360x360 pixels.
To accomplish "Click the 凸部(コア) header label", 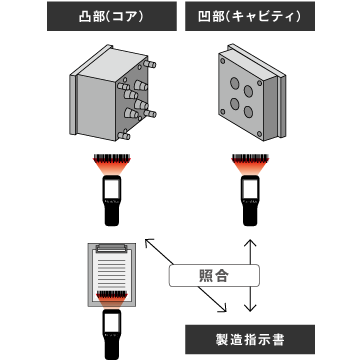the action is pyautogui.click(x=112, y=16).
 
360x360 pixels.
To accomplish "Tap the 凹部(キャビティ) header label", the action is pyautogui.click(x=250, y=16).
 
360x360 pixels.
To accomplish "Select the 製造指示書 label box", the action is pyautogui.click(x=250, y=339).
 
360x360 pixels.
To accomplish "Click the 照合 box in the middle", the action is pyautogui.click(x=214, y=275).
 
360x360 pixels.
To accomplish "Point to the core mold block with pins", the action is pyautogui.click(x=113, y=93).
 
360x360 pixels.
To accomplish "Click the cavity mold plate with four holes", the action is pyautogui.click(x=252, y=92).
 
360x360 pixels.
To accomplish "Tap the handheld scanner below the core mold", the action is pyautogui.click(x=112, y=201).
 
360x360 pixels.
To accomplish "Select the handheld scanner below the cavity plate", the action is pyautogui.click(x=250, y=201).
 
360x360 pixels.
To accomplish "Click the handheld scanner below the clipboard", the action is pyautogui.click(x=112, y=334).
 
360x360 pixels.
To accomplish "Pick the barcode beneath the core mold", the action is pyautogui.click(x=112, y=157).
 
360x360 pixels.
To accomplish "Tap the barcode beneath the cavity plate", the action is pyautogui.click(x=250, y=157).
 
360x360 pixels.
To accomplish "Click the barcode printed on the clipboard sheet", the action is pyautogui.click(x=112, y=294).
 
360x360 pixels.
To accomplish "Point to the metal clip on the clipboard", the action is pyautogui.click(x=111, y=248).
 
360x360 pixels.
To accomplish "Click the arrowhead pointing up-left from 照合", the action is pyautogui.click(x=149, y=243).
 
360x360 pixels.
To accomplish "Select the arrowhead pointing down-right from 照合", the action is pyautogui.click(x=223, y=308).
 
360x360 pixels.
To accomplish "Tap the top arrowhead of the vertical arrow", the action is pyautogui.click(x=250, y=243).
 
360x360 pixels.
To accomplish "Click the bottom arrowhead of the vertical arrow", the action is pyautogui.click(x=250, y=308).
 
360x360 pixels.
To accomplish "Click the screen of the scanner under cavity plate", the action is pyautogui.click(x=250, y=188).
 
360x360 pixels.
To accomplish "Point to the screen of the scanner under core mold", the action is pyautogui.click(x=112, y=188).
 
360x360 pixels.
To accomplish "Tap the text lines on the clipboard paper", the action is pyautogui.click(x=112, y=272).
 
